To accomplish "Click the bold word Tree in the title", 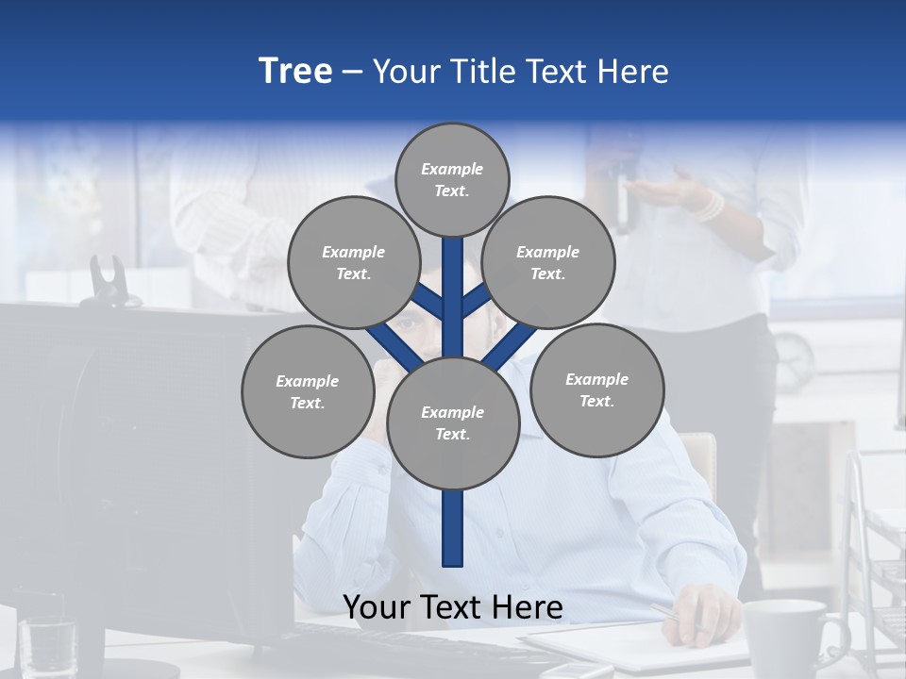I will tap(295, 72).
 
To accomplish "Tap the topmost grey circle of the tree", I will tap(452, 179).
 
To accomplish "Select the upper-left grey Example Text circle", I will tap(353, 262).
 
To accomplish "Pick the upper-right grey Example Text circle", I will tap(548, 262).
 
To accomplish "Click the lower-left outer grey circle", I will tap(308, 391).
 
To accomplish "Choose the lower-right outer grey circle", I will tap(596, 389).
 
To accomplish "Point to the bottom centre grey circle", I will tap(453, 422).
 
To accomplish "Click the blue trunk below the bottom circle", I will tap(453, 528).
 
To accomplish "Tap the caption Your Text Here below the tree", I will tap(453, 607).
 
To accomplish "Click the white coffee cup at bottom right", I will tap(786, 637).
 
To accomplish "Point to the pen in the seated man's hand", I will tap(675, 618).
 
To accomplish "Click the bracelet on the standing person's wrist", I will tap(707, 206).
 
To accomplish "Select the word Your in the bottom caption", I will tap(377, 607).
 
